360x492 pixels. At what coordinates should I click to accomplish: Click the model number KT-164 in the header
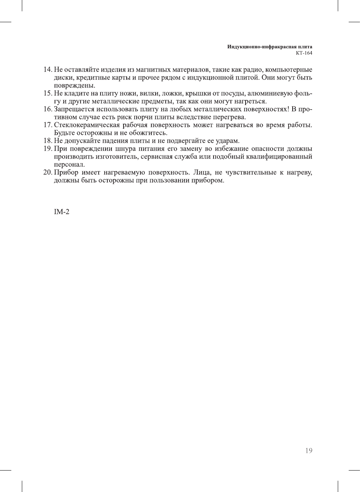tap(304, 53)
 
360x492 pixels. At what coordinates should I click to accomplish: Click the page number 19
tap(308, 451)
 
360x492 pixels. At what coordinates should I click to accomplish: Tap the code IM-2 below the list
tap(61, 212)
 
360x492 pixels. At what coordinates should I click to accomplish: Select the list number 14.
tap(47, 70)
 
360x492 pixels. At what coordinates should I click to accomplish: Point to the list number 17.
tap(47, 125)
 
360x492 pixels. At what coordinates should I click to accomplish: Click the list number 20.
tap(47, 172)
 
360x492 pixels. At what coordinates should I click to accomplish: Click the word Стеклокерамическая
tap(87, 125)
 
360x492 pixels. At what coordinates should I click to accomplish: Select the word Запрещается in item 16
tap(74, 109)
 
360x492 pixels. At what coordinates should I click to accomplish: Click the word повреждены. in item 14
tap(75, 85)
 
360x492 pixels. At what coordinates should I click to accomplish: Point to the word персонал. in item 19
tap(69, 165)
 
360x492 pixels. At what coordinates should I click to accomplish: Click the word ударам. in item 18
tap(227, 141)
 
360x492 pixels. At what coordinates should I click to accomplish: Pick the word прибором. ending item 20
tap(208, 180)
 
